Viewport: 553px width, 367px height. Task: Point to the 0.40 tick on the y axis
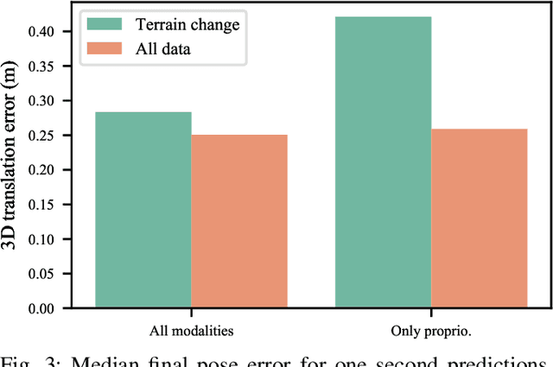coord(38,31)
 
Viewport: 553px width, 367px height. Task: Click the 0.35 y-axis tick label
coord(38,66)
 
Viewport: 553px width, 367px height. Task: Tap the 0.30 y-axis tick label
coord(38,100)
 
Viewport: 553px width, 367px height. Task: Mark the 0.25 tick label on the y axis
coord(38,135)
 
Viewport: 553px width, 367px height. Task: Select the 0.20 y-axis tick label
coord(38,169)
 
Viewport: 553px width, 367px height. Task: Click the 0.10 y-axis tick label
coord(38,239)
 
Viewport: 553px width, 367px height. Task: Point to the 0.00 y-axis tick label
coord(38,308)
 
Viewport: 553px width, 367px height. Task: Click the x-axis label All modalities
coord(192,329)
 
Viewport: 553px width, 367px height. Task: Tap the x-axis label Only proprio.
coord(430,329)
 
